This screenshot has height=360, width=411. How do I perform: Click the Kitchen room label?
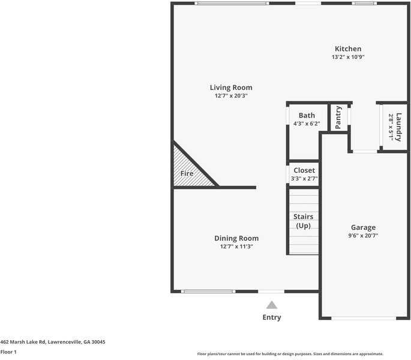click(x=348, y=49)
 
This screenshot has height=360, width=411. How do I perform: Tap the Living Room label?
click(x=231, y=87)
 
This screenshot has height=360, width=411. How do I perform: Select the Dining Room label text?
click(x=236, y=238)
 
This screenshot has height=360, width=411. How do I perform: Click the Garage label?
click(x=363, y=227)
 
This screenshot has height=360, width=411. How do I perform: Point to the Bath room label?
click(x=307, y=115)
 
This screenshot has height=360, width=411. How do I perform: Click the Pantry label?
click(x=338, y=118)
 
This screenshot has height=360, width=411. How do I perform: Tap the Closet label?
click(x=304, y=170)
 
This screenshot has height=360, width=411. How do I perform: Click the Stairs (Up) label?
click(x=303, y=221)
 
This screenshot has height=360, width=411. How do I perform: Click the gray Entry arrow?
click(x=272, y=305)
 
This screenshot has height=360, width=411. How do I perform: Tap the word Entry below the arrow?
click(x=272, y=317)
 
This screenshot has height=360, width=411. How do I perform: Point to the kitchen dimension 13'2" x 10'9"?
click(x=348, y=57)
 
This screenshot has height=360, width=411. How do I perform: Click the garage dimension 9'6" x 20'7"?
click(x=363, y=236)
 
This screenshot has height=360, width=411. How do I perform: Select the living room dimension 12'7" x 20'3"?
click(x=231, y=95)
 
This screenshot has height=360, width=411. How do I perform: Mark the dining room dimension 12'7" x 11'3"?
click(x=236, y=247)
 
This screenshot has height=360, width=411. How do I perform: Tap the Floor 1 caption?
click(x=8, y=352)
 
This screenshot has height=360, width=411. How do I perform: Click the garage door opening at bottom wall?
click(x=364, y=318)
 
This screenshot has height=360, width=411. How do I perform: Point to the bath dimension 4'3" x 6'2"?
click(x=307, y=124)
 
